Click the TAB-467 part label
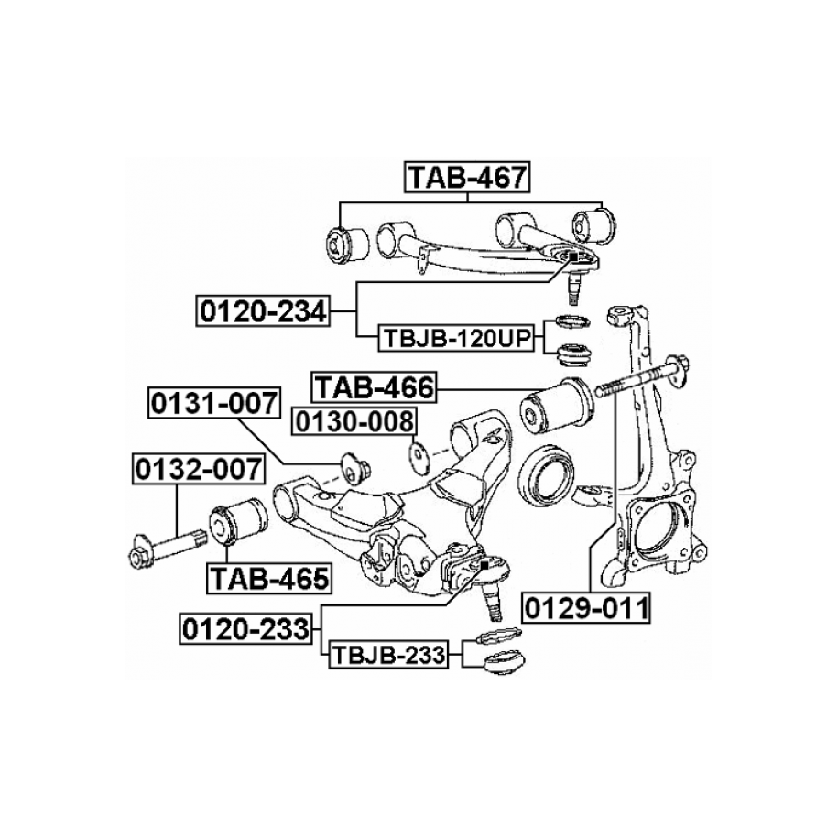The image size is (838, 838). [467, 177]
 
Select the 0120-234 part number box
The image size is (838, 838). [263, 311]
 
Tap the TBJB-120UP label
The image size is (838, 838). [456, 338]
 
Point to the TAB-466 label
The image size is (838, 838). [374, 387]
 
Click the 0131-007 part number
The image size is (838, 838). [213, 403]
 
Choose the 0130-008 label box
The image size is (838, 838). [354, 421]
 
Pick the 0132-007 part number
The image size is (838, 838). [198, 469]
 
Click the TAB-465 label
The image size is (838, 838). [269, 578]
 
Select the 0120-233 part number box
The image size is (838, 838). [245, 628]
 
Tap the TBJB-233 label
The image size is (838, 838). [388, 655]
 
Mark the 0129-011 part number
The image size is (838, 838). [587, 608]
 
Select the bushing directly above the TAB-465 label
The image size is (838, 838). [238, 523]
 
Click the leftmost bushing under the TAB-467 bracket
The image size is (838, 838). [347, 245]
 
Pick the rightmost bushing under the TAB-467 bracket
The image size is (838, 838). [593, 225]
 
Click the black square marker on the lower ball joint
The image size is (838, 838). [484, 565]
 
